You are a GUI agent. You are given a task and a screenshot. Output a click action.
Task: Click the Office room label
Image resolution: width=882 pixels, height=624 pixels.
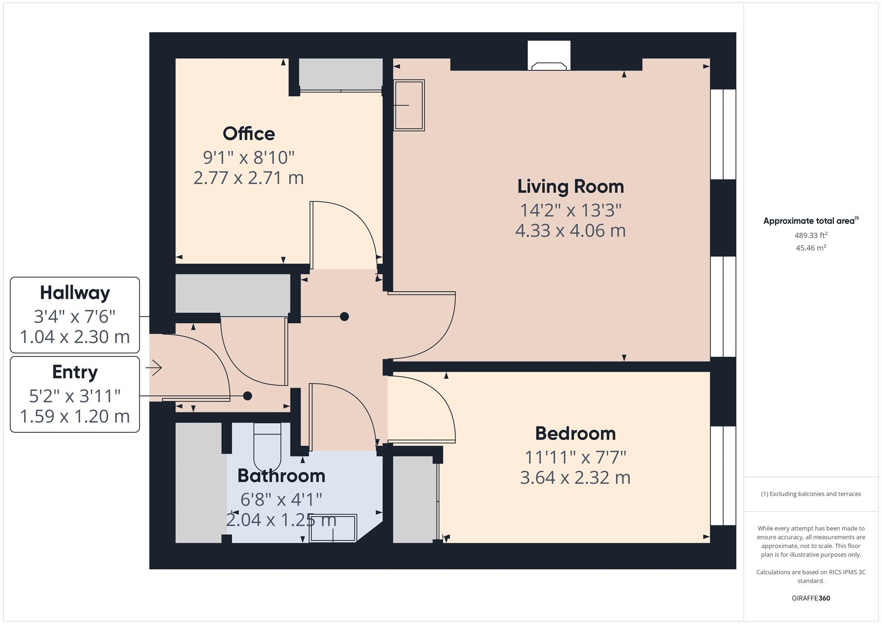click(x=248, y=134)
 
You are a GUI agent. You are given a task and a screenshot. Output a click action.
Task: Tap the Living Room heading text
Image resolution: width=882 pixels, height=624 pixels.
click(x=570, y=187)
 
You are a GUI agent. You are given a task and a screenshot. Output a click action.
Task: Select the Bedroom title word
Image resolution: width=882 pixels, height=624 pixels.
click(x=575, y=434)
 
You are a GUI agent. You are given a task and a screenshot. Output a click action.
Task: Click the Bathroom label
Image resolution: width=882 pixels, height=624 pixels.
click(x=281, y=476)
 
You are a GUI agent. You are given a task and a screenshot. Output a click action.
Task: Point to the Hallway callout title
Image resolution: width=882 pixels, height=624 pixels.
click(x=75, y=293)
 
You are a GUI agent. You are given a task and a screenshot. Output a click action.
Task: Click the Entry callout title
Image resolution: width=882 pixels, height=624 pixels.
click(x=75, y=372)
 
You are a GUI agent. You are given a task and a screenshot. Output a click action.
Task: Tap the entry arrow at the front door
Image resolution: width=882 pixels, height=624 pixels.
click(x=154, y=368)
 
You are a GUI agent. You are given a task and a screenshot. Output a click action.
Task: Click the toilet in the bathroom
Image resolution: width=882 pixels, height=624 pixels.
click(x=267, y=448)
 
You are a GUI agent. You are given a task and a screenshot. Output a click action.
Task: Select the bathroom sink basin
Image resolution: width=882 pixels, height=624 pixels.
click(x=333, y=528)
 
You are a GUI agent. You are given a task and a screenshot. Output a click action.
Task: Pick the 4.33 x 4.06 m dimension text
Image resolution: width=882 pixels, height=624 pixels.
click(x=570, y=231)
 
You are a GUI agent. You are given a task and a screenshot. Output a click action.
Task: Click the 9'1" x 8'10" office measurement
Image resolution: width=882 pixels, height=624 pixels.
click(x=248, y=158)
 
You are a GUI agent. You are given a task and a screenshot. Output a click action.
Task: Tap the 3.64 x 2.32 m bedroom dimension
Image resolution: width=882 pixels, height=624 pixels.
click(x=575, y=478)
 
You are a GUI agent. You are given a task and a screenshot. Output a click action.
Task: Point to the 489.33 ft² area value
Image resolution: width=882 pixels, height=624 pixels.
click(x=811, y=235)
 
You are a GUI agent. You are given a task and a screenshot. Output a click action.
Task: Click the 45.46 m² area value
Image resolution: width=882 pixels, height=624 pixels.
click(x=811, y=248)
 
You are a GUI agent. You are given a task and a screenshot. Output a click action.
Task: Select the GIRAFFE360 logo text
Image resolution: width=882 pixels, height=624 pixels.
click(x=811, y=598)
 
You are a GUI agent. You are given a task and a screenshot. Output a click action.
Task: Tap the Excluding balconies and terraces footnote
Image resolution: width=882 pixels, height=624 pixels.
click(x=811, y=494)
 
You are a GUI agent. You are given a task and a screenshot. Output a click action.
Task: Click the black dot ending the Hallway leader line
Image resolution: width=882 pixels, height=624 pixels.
click(x=344, y=317)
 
